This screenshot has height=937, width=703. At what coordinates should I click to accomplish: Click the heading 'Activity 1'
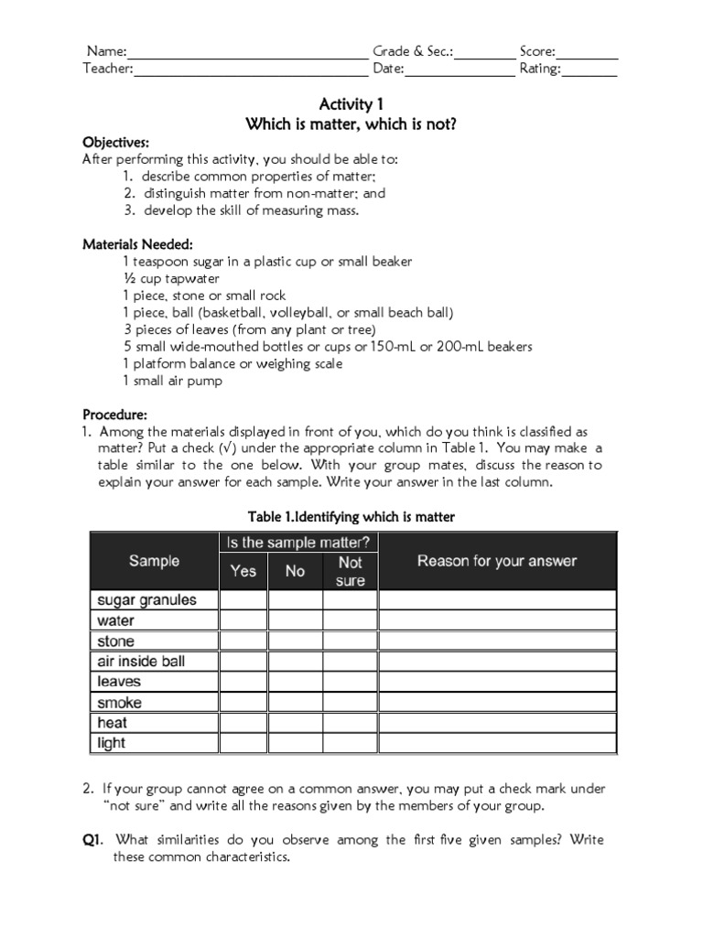(351, 105)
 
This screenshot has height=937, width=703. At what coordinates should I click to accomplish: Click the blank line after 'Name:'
(247, 54)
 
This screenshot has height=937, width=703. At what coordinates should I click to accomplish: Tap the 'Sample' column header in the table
(154, 561)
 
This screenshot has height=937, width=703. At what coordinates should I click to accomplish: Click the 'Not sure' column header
(350, 571)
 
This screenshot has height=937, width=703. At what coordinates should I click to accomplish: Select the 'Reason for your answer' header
(497, 561)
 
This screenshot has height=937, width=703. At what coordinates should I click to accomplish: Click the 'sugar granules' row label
(146, 600)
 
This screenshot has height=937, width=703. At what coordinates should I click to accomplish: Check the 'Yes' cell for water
(243, 620)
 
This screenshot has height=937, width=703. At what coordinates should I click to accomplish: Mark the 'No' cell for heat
(295, 722)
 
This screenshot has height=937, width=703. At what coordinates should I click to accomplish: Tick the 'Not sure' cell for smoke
(350, 702)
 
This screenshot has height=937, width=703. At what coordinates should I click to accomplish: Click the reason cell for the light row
(497, 742)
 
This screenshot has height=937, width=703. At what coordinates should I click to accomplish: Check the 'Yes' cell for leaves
(243, 682)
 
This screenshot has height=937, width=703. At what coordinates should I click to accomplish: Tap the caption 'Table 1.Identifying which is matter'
(351, 517)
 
